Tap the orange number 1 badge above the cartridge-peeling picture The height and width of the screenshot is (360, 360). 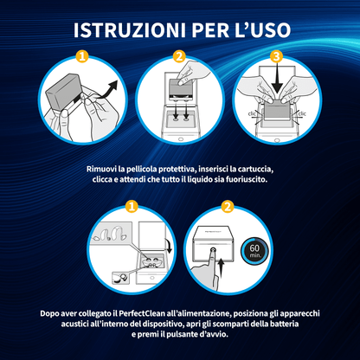tap(82, 56)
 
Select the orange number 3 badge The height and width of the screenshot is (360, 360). tap(276, 56)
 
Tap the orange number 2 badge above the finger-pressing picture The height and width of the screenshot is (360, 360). tap(228, 207)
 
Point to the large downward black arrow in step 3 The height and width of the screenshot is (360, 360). tap(277, 79)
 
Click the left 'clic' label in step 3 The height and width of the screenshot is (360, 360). tap(253, 113)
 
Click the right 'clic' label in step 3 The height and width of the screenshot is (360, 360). tap(302, 113)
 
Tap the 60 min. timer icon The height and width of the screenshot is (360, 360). tap(254, 250)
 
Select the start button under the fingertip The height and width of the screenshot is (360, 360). tap(213, 250)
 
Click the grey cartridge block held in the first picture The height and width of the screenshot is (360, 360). tap(63, 91)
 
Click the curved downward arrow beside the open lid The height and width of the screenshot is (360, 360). tap(169, 245)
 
